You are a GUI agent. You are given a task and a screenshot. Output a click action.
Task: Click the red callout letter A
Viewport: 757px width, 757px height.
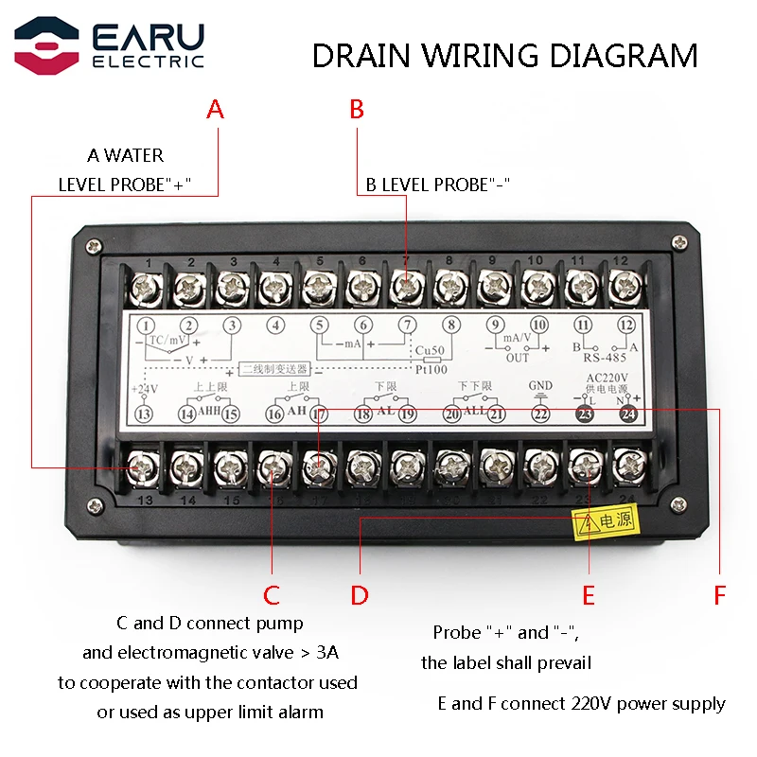[x=216, y=110]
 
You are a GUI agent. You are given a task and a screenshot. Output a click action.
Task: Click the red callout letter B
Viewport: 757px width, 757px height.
[x=357, y=110]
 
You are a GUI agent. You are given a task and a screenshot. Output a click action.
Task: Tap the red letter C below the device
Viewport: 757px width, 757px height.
[x=272, y=595]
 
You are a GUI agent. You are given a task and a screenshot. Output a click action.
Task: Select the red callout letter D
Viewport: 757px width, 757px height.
[x=360, y=595]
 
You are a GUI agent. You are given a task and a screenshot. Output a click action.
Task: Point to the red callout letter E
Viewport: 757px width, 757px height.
[x=589, y=595]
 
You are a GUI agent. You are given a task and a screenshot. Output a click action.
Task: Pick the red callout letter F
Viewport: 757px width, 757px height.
[x=720, y=595]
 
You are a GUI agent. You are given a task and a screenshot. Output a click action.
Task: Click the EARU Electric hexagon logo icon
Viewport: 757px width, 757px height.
[x=46, y=45]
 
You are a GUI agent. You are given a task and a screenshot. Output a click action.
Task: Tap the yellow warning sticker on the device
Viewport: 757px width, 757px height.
[x=607, y=520]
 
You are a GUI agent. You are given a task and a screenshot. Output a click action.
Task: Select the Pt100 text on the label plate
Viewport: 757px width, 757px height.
[x=431, y=369]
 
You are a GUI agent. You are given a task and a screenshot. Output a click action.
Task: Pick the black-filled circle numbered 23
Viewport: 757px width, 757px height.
[x=586, y=413]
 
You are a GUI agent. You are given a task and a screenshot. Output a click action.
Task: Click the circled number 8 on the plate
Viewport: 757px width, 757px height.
[x=451, y=326]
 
